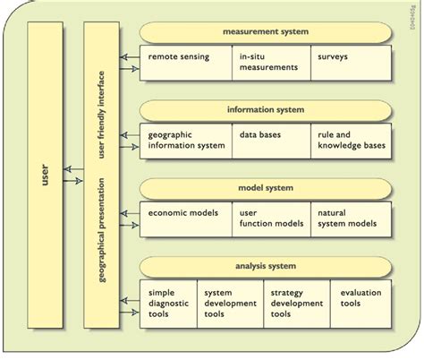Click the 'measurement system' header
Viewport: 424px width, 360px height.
click(x=266, y=32)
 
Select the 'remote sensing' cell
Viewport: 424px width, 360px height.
click(x=185, y=64)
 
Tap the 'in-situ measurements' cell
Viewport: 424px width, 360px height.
click(x=271, y=64)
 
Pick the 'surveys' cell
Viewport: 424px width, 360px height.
click(x=351, y=64)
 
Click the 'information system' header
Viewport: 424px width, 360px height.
click(x=266, y=110)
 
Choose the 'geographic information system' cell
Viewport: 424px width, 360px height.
click(x=185, y=141)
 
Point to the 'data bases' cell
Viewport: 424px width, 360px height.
click(x=271, y=141)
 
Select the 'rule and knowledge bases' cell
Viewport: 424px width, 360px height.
click(x=351, y=141)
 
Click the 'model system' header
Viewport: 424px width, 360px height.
click(x=266, y=188)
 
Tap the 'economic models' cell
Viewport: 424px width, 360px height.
click(x=185, y=219)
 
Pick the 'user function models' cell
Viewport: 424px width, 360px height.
click(x=271, y=219)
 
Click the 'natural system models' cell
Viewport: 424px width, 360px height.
click(x=351, y=219)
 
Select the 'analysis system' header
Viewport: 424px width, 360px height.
click(x=266, y=266)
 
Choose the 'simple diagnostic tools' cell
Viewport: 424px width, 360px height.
click(x=170, y=303)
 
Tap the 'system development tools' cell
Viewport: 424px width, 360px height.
click(x=233, y=303)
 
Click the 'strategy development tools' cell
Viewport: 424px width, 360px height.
click(x=298, y=303)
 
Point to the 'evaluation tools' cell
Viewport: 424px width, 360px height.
click(x=361, y=303)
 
